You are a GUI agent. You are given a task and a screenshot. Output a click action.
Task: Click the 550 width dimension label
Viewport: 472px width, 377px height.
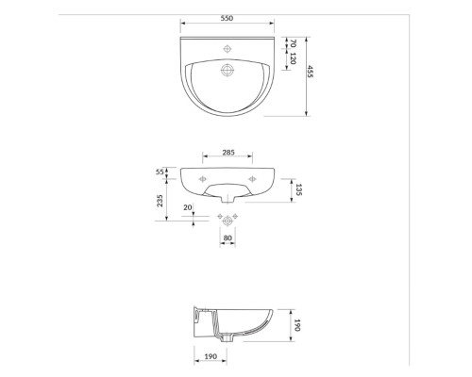point(227,18)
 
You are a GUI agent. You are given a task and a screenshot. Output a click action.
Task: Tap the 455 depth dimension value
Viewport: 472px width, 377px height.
point(310,72)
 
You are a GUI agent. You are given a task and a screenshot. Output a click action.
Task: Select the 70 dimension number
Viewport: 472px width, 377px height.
point(293,43)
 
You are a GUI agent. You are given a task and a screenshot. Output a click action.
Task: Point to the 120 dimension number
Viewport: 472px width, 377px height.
point(293,58)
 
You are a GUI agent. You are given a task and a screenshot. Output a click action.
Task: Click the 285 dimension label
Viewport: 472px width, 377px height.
point(228,153)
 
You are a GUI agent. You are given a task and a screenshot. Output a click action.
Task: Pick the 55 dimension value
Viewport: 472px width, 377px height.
point(160,172)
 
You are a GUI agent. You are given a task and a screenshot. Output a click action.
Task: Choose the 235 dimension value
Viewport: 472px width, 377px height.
point(160,201)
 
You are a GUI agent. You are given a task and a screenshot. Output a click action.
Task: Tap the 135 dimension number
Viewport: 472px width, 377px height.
point(299,189)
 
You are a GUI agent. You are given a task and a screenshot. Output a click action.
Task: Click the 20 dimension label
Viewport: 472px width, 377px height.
point(188,207)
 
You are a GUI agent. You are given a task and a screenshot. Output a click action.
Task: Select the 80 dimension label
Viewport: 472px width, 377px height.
point(228,238)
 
